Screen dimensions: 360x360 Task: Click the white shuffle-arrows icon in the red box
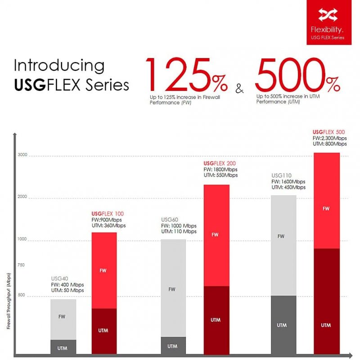tap(328, 15)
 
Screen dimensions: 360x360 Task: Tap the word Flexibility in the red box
tap(327, 30)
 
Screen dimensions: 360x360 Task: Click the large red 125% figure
tap(186, 74)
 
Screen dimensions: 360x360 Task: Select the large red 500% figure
tap(297, 74)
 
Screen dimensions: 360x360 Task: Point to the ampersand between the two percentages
tap(239, 88)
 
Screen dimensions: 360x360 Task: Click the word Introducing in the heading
tap(59, 66)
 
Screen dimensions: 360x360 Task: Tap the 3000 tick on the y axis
tap(22, 155)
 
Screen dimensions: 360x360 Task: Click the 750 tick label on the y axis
tap(21, 265)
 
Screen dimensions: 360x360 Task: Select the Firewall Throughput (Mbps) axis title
tap(9, 301)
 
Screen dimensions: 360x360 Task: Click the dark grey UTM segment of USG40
tap(63, 347)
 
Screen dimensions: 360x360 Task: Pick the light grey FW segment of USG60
tap(173, 288)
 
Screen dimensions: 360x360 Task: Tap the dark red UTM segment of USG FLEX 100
tap(104, 331)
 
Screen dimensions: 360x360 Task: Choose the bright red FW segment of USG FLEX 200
tap(216, 235)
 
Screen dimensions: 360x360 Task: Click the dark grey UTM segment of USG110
tap(283, 325)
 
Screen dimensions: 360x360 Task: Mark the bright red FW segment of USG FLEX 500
tap(327, 201)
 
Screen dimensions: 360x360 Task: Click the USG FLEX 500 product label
tap(328, 132)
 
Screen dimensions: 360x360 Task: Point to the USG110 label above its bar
tap(281, 175)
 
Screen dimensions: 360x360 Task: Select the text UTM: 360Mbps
tap(108, 225)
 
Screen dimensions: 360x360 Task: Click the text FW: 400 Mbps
tap(67, 285)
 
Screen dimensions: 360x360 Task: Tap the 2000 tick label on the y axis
tap(22, 197)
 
